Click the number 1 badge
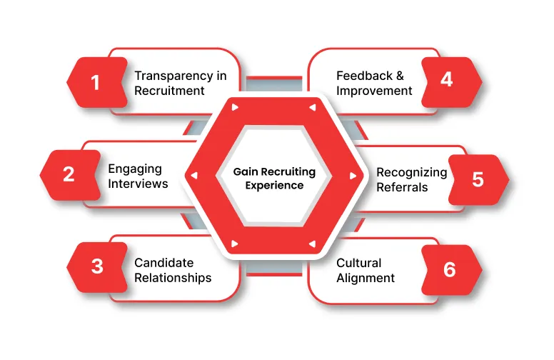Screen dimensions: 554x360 pyautogui.click(x=97, y=82)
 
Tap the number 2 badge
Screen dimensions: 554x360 pyautogui.click(x=70, y=175)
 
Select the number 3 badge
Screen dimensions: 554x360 pyautogui.click(x=97, y=267)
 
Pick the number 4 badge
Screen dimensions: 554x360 pyautogui.click(x=452, y=82)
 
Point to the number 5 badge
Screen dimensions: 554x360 pyautogui.click(x=479, y=180)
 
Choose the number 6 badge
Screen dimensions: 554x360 pyautogui.click(x=452, y=269)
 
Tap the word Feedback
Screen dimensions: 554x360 pyautogui.click(x=364, y=76)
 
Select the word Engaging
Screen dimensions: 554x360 pyautogui.click(x=135, y=169)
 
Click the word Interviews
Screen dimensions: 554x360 pyautogui.click(x=138, y=184)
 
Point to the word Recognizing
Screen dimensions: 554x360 pyautogui.click(x=412, y=173)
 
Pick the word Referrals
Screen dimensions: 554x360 pyautogui.click(x=402, y=187)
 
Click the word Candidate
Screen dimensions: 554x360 pyautogui.click(x=164, y=263)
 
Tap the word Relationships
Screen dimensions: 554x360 pyautogui.click(x=173, y=278)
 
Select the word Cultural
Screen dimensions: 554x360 pyautogui.click(x=358, y=263)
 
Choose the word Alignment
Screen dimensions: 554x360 pyautogui.click(x=366, y=279)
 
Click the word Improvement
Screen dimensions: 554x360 pyautogui.click(x=374, y=91)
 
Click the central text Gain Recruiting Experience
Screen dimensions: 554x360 pyautogui.click(x=274, y=179)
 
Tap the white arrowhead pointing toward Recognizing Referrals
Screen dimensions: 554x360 pyautogui.click(x=353, y=176)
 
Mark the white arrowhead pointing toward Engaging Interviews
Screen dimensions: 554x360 pyautogui.click(x=194, y=176)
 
